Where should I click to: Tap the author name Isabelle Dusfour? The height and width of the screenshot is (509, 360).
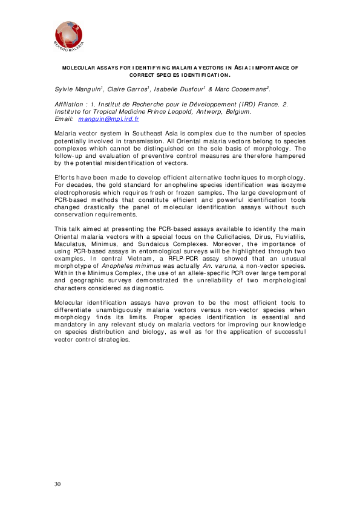click(x=179, y=89)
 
